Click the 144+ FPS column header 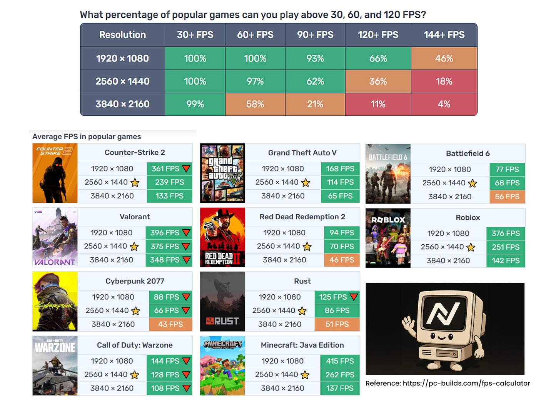tap(444, 35)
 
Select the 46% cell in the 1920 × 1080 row tap(444, 58)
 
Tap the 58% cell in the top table tap(255, 104)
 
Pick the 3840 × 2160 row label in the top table tap(122, 104)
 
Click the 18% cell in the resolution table tap(444, 82)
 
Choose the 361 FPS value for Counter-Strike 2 tap(165, 169)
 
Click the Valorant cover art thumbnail tap(55, 237)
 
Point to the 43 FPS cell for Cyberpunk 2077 tap(170, 324)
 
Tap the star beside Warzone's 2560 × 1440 tap(135, 375)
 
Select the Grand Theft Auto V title tap(302, 153)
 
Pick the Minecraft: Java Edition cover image tap(222, 365)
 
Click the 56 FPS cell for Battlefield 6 tap(507, 197)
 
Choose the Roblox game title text tap(468, 217)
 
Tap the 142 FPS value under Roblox tap(505, 260)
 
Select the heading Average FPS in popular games tap(87, 137)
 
